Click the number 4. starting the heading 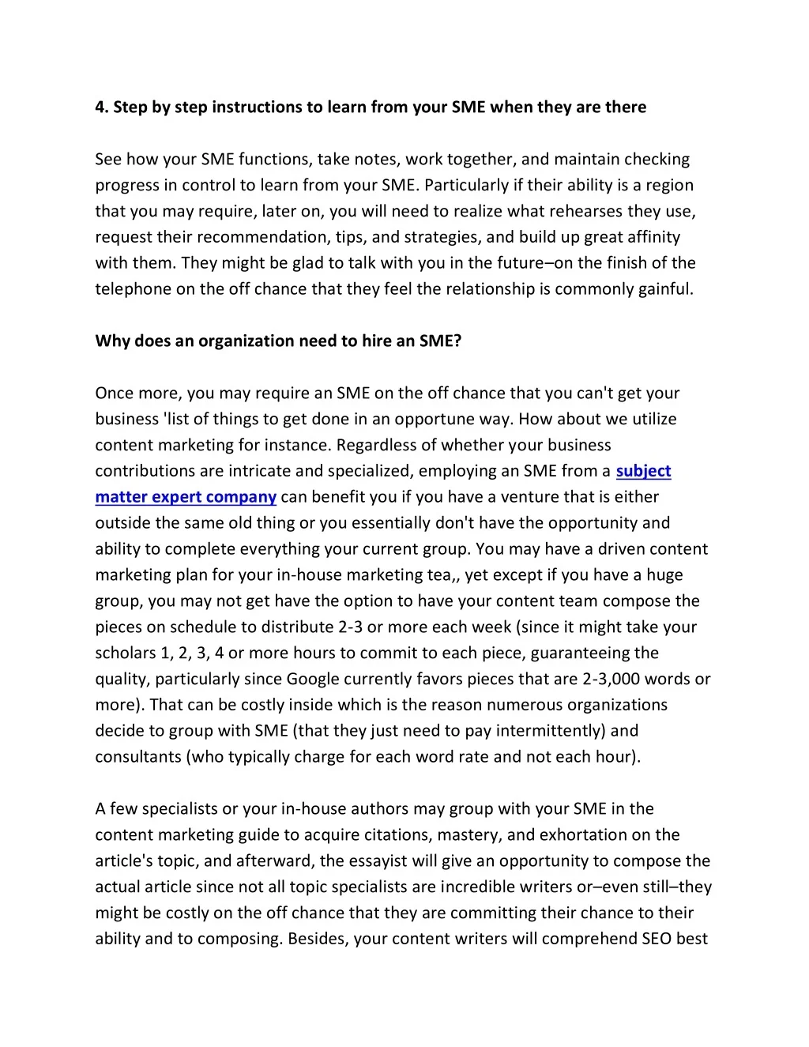click(102, 107)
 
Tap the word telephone click(133, 289)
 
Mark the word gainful click(665, 289)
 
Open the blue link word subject click(643, 472)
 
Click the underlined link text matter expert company click(186, 498)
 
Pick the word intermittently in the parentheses click(548, 732)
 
